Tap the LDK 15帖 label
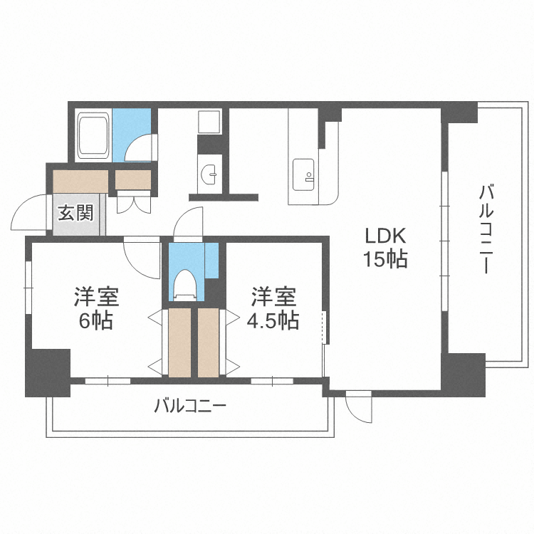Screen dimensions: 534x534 [385, 247]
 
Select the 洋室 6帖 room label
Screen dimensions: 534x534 [95, 308]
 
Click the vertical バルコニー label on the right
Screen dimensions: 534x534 [486, 229]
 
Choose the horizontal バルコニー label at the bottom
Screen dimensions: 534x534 [190, 407]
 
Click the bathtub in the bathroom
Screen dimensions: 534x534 [93, 136]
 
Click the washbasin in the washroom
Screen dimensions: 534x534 [209, 173]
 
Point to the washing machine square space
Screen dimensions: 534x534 [209, 122]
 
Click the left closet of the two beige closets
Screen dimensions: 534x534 [179, 342]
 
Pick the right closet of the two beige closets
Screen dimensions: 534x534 [209, 342]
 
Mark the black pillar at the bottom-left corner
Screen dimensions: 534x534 [48, 372]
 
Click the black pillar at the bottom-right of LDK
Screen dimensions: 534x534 [462, 373]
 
